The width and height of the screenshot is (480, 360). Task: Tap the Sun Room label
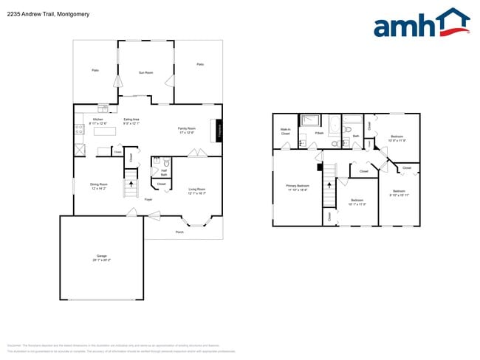tap(145, 72)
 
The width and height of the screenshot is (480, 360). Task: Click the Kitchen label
tap(98, 120)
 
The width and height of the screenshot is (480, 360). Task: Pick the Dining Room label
tap(98, 186)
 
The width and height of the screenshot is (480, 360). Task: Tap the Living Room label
tap(196, 190)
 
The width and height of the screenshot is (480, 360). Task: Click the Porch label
tap(179, 232)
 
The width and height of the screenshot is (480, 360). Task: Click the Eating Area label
tap(131, 120)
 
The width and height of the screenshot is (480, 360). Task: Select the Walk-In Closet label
tap(285, 131)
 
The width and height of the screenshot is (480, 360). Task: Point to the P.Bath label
tap(319, 134)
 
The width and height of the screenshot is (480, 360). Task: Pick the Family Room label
tap(186, 130)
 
